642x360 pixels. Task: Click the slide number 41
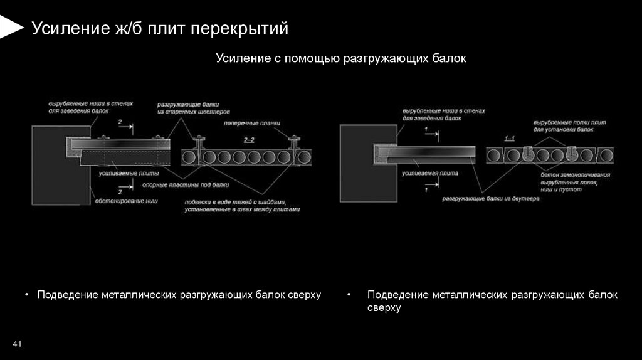click(x=17, y=344)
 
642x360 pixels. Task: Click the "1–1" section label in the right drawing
click(x=509, y=137)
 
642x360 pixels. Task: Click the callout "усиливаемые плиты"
click(x=129, y=172)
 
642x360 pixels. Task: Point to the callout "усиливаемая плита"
click(x=430, y=172)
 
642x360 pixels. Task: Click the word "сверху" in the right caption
click(x=383, y=309)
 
